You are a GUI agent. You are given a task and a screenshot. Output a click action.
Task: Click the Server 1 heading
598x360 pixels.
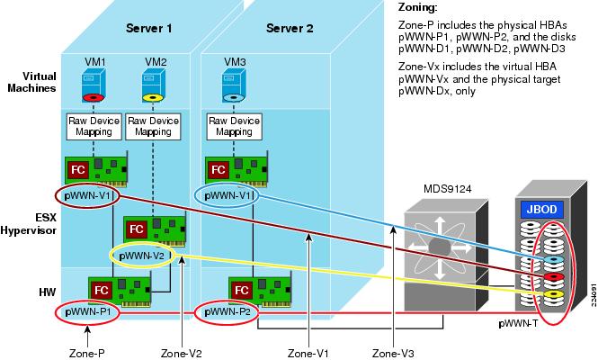click(x=149, y=28)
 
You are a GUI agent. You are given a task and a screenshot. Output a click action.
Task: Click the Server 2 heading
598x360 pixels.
click(x=290, y=28)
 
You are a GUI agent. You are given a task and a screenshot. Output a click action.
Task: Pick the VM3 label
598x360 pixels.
click(x=235, y=60)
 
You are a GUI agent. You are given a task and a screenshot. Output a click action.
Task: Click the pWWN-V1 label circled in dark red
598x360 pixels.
click(x=85, y=195)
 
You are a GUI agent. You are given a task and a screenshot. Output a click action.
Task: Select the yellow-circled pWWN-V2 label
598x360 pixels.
click(x=139, y=255)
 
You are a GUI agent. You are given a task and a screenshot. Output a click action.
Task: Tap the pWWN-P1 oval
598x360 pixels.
click(x=86, y=311)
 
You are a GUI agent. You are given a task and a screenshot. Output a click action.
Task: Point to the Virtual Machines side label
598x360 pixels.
click(x=31, y=82)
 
